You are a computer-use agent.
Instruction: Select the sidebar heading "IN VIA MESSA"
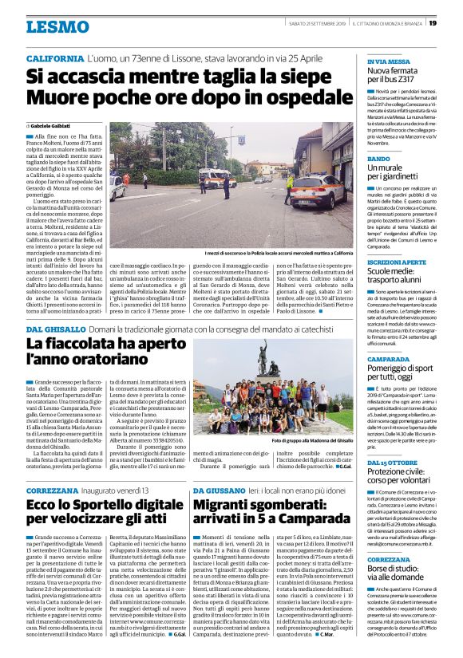(387, 61)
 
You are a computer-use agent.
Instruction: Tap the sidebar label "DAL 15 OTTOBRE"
(392, 463)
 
